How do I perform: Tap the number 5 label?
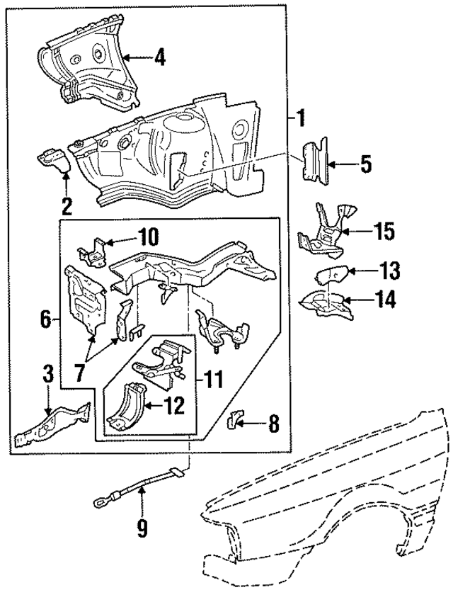(x=365, y=165)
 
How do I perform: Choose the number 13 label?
(x=389, y=271)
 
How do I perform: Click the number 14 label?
(x=386, y=300)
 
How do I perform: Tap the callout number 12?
(x=174, y=405)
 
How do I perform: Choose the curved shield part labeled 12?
(x=125, y=407)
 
